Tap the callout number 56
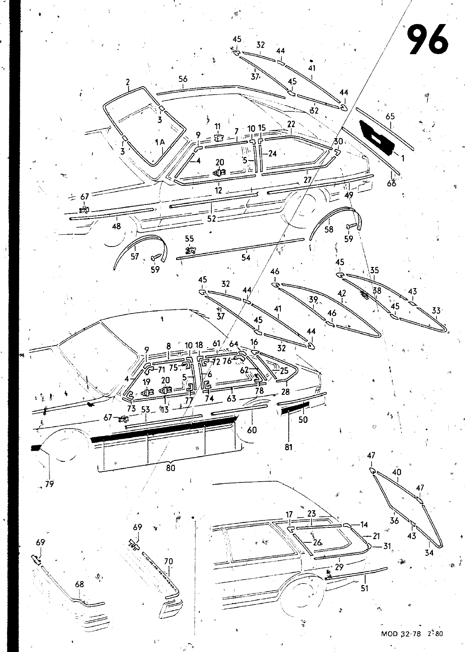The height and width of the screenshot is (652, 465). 183,79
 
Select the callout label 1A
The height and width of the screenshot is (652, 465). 160,142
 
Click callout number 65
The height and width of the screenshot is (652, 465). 390,117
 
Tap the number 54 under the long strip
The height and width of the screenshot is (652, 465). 245,258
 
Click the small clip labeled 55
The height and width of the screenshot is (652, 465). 190,250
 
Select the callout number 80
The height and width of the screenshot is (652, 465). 171,468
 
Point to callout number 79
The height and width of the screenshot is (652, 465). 49,484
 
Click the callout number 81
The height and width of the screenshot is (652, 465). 289,447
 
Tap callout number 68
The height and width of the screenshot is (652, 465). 79,584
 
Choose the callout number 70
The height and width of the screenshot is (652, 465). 168,562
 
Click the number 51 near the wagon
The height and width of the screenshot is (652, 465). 365,588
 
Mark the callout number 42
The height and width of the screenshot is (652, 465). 342,293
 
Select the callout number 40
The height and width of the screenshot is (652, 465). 396,472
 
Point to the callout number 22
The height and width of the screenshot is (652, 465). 291,124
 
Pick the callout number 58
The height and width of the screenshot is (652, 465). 328,229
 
